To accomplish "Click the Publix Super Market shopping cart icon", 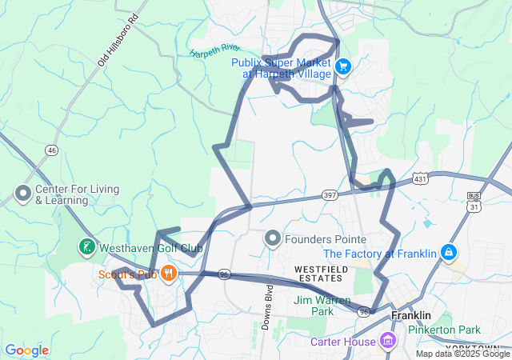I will (x=342, y=66).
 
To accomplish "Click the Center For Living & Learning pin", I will (x=21, y=194).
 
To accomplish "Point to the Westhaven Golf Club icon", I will (x=86, y=247).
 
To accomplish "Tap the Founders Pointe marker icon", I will (x=273, y=238).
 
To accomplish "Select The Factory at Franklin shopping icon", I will (x=449, y=253).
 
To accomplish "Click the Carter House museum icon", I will (x=388, y=342).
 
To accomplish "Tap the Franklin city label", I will (x=411, y=316).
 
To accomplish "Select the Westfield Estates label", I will (x=318, y=273).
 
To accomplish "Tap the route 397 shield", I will (x=330, y=195).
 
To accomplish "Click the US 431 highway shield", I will (x=419, y=179).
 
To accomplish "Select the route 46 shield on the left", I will (x=51, y=150).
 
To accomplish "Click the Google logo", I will (x=26, y=350).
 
